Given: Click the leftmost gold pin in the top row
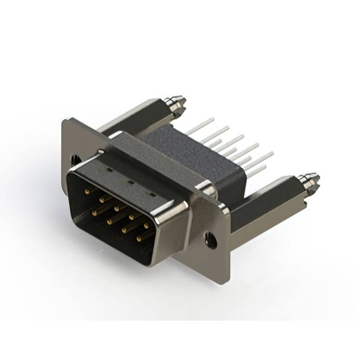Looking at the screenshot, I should tap(87, 192).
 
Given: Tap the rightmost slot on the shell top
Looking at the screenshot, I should tap(151, 193).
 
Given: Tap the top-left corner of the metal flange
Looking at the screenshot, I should tap(66, 121).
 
